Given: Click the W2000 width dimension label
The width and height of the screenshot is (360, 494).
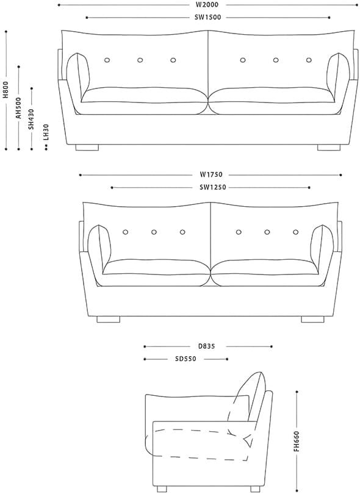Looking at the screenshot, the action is [x=207, y=5].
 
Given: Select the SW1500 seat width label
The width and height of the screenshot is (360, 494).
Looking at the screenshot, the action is [x=207, y=17].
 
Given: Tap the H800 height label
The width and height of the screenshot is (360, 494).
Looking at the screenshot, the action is [x=6, y=90].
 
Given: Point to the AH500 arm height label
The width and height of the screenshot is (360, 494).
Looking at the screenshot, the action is [x=18, y=108].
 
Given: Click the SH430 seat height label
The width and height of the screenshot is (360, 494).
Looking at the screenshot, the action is [x=31, y=119].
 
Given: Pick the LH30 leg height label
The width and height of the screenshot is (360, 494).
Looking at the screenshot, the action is [x=46, y=132].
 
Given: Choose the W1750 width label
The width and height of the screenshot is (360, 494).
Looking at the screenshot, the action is [x=211, y=174].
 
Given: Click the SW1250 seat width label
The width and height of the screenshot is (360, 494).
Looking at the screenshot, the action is [x=213, y=187].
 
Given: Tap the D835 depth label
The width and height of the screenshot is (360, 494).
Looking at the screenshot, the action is [x=206, y=346].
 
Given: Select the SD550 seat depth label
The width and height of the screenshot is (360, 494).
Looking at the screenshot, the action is [x=185, y=359].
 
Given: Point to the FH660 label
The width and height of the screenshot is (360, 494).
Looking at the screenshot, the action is [x=297, y=442].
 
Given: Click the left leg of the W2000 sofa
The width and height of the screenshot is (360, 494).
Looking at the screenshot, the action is [x=87, y=148].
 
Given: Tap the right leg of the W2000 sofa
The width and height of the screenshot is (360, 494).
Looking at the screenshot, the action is [x=329, y=148].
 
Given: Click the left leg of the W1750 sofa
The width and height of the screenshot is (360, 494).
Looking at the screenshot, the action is [x=108, y=320].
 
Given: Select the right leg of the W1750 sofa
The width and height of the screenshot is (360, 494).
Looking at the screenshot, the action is [x=313, y=320].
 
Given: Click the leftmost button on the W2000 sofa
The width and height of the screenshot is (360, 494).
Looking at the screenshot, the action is [x=107, y=60].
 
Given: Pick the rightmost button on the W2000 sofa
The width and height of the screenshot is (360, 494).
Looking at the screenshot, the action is [x=309, y=60].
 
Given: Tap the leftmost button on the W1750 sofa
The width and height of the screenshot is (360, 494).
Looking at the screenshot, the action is [x=126, y=232].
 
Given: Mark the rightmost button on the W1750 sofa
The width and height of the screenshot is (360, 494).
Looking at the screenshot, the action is [x=296, y=232].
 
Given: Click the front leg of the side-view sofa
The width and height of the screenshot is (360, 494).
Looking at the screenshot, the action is [x=162, y=489].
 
